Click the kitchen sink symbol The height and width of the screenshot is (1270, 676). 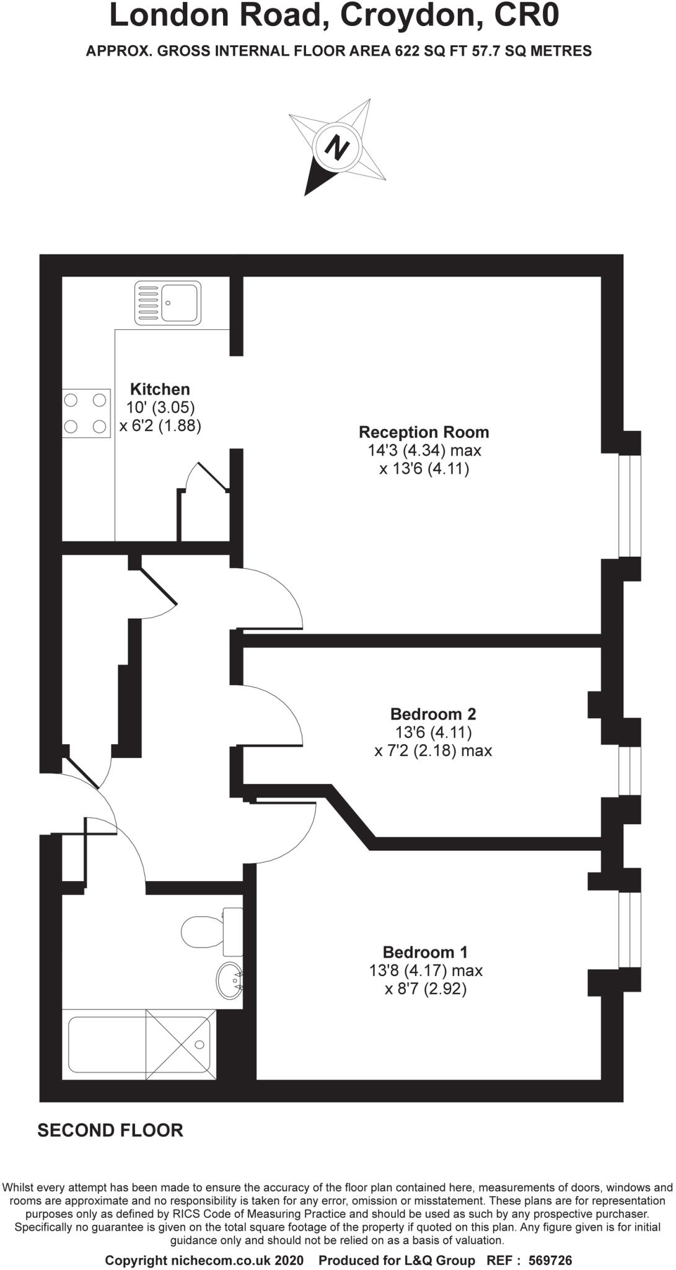click(168, 303)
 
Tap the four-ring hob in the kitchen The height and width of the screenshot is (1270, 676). click(86, 413)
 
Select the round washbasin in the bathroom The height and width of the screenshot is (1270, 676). click(229, 980)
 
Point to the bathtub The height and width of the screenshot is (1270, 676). click(139, 1044)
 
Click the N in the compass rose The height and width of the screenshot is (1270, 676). click(338, 148)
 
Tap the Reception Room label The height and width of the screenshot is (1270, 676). click(424, 432)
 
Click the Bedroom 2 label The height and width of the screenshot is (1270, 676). click(433, 714)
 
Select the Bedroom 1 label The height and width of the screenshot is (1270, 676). click(425, 952)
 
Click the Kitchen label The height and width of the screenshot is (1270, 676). click(160, 389)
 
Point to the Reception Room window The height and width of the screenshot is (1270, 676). click(630, 506)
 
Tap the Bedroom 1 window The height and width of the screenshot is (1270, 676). click(630, 929)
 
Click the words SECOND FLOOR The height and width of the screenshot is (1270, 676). click(110, 1130)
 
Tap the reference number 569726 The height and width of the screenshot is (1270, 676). click(547, 1261)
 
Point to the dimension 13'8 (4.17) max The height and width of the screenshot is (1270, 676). click(426, 970)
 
